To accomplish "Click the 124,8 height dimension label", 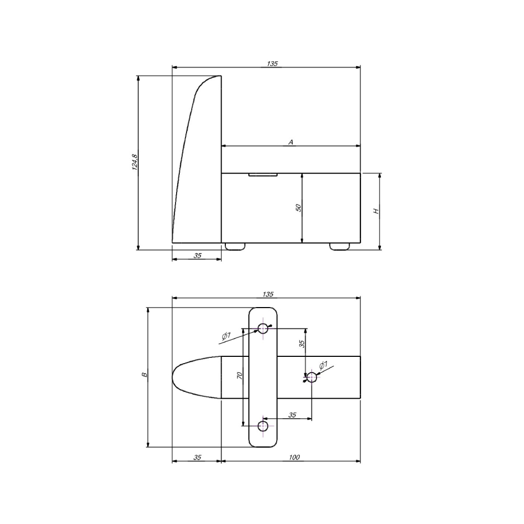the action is pyautogui.click(x=135, y=162).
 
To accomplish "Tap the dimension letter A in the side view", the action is pyautogui.click(x=291, y=142).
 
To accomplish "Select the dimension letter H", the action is pyautogui.click(x=376, y=211).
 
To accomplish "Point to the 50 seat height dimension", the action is pyautogui.click(x=299, y=208).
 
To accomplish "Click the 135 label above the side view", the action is pyautogui.click(x=272, y=63).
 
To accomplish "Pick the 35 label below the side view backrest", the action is pyautogui.click(x=198, y=256).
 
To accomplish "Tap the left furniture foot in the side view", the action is pyautogui.click(x=235, y=246).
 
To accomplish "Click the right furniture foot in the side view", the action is pyautogui.click(x=340, y=246).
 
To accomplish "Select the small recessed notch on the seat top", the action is pyautogui.click(x=263, y=174).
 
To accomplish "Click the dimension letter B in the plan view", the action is pyautogui.click(x=145, y=375).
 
